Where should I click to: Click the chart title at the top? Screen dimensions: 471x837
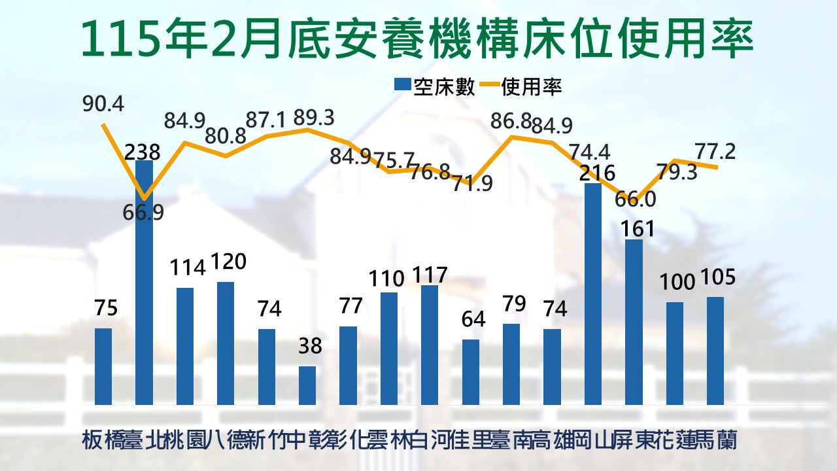click(x=417, y=39)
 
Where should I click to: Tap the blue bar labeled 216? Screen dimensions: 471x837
click(x=593, y=294)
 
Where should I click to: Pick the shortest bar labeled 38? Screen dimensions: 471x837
click(x=307, y=385)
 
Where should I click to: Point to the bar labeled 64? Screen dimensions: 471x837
click(x=471, y=372)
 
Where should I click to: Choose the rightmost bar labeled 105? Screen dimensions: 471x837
click(x=715, y=351)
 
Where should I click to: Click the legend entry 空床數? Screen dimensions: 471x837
click(x=434, y=87)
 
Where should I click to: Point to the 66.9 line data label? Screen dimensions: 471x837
click(x=143, y=213)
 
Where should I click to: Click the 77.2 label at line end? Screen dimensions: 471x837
click(x=716, y=152)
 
